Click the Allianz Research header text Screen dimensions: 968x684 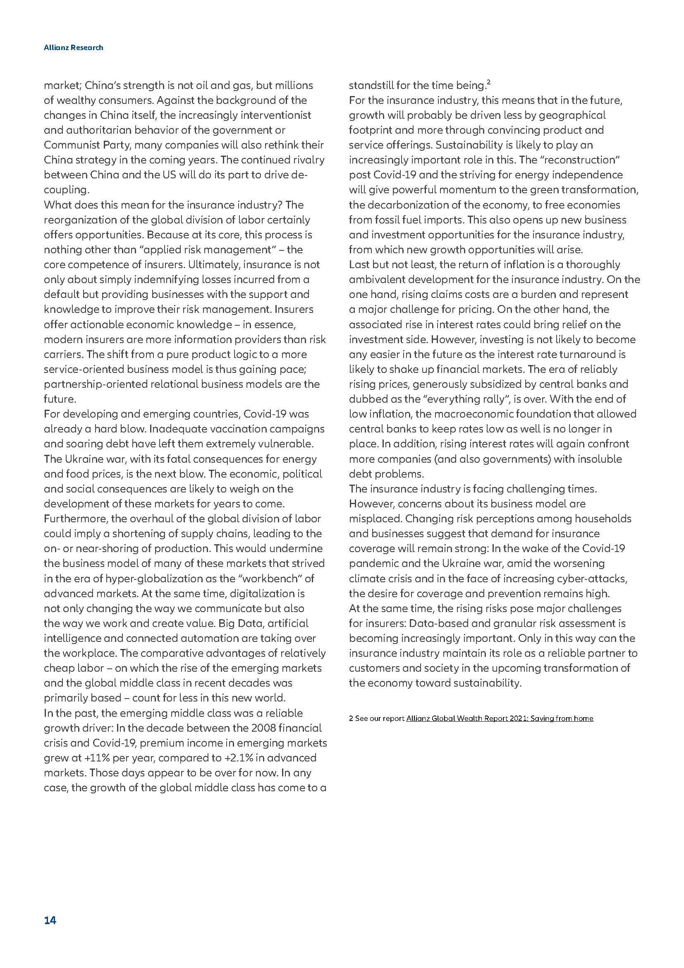pyautogui.click(x=73, y=48)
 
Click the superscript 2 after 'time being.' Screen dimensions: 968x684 pyautogui.click(x=488, y=82)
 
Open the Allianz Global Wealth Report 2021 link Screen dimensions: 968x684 pyautogui.click(x=500, y=718)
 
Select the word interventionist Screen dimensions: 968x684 pyautogui.click(x=276, y=115)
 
